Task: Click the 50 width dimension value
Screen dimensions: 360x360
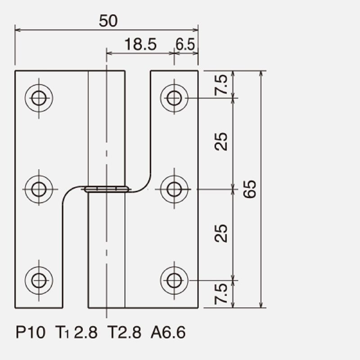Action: (108, 21)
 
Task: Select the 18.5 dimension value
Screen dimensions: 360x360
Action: (140, 44)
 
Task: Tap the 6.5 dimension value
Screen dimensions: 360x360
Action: (185, 44)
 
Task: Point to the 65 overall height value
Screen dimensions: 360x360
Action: (250, 189)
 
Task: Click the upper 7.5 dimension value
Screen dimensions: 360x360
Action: (221, 85)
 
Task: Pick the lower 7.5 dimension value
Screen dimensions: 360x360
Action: (221, 294)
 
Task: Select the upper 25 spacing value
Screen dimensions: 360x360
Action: (221, 142)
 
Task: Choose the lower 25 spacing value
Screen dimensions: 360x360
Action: (221, 233)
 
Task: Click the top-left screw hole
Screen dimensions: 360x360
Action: (39, 98)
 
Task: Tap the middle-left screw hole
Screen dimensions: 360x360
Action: (39, 189)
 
